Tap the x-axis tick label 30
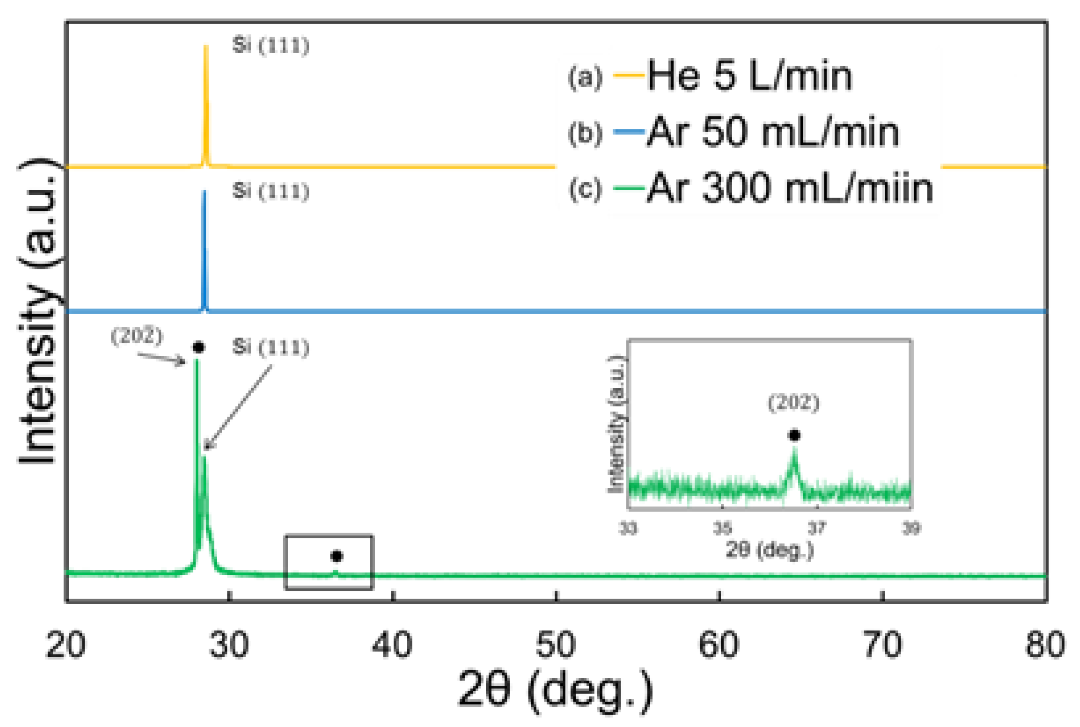coord(229,645)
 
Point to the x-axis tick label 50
coord(556,645)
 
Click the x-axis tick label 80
coord(1045,645)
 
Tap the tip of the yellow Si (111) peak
coord(206,46)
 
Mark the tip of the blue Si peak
coord(204,192)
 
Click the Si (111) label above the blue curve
coord(270,191)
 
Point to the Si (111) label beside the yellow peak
coord(270,46)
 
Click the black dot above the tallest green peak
coord(198,347)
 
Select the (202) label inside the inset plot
coord(794,402)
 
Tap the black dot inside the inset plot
coord(795,435)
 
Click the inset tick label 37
coord(817,528)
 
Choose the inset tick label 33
coord(628,528)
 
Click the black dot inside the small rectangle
coord(336,556)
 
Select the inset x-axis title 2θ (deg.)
coord(769,551)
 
